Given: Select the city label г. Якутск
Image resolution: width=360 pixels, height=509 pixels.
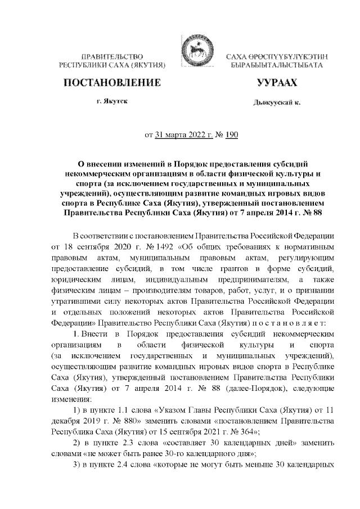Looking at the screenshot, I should tap(111, 102).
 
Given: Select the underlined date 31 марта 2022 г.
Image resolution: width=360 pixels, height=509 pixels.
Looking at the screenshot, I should tap(181, 135).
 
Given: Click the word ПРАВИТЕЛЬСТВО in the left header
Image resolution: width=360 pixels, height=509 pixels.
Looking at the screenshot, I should tap(111, 57).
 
